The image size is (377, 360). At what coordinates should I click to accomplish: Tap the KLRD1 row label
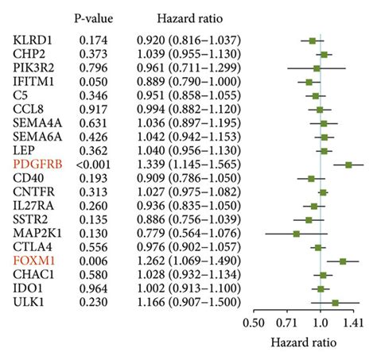pos(34,39)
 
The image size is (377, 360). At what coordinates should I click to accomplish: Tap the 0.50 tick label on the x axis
pos(255,322)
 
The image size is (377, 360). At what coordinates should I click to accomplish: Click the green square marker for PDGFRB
pos(348,164)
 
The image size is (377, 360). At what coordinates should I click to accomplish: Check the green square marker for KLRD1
pos(313,40)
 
